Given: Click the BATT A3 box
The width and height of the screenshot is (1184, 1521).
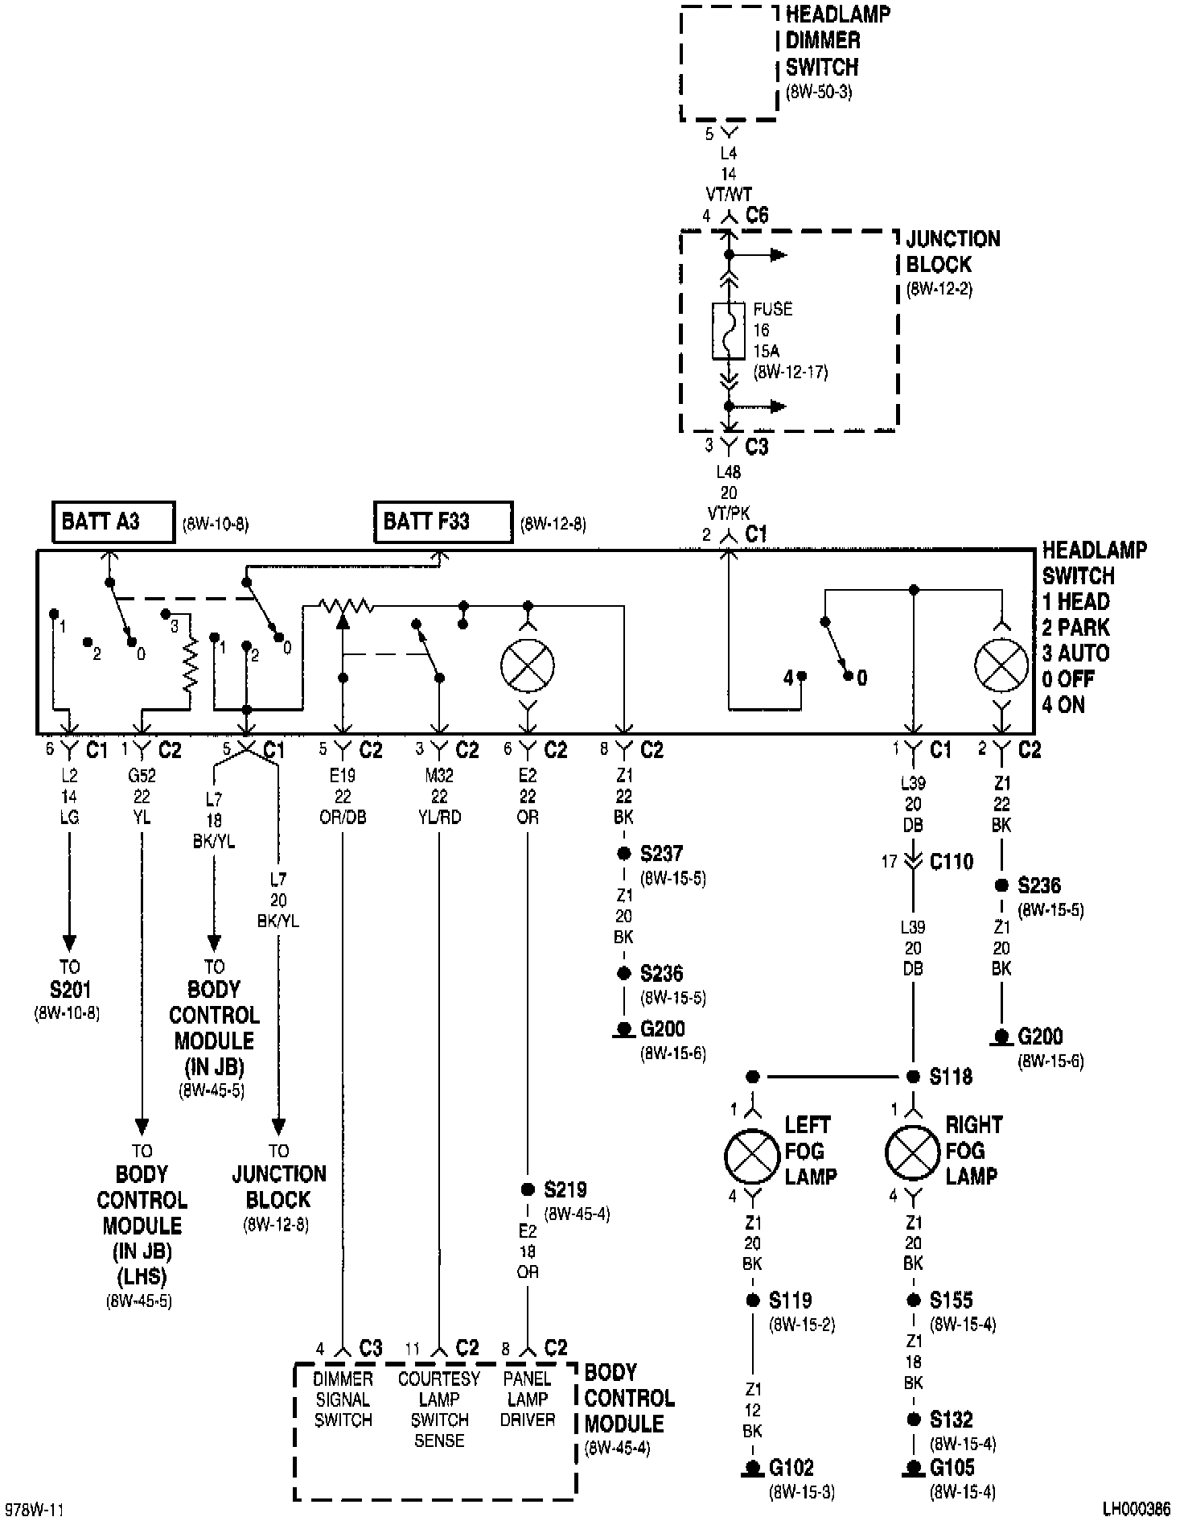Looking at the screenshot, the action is pyautogui.click(x=113, y=521).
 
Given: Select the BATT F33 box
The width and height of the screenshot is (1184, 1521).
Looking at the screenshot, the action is pyautogui.click(x=443, y=521).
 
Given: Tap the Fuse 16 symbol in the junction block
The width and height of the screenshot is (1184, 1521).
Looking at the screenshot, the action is pyautogui.click(x=729, y=331).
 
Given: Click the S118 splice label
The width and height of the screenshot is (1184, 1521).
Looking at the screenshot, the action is pyautogui.click(x=952, y=1076).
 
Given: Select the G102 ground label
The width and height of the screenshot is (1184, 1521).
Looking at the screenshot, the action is pyautogui.click(x=792, y=1467).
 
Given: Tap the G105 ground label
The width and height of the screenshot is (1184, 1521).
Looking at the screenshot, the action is pyautogui.click(x=952, y=1467).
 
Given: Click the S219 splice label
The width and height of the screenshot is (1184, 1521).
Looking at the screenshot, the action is pyautogui.click(x=565, y=1189).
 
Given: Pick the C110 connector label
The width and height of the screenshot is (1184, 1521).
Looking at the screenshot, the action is pyautogui.click(x=952, y=861).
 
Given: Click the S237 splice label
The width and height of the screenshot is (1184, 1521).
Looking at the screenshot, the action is pyautogui.click(x=662, y=853).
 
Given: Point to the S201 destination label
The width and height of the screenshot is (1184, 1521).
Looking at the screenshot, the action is pyautogui.click(x=71, y=989).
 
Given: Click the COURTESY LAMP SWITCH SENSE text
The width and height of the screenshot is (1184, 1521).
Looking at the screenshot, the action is pyautogui.click(x=439, y=1409).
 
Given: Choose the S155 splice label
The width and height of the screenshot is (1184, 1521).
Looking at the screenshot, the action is pyautogui.click(x=952, y=1300).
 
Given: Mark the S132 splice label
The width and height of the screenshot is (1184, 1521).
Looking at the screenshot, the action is pyautogui.click(x=952, y=1420).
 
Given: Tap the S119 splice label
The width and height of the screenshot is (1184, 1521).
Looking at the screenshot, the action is pyautogui.click(x=791, y=1300).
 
